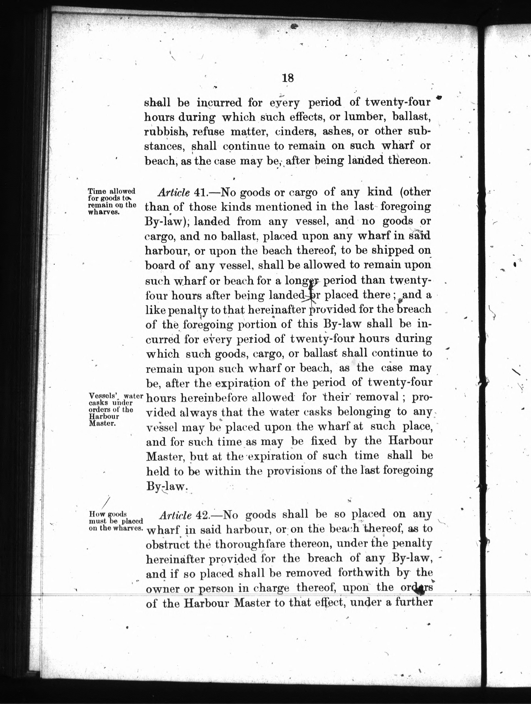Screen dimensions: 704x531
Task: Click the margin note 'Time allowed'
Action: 112,191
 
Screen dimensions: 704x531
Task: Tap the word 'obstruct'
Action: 167,544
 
